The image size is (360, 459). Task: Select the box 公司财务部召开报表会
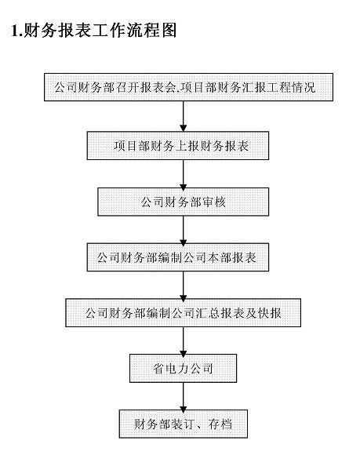182,88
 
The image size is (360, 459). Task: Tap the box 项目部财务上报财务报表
182,145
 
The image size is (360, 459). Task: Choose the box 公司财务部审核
183,202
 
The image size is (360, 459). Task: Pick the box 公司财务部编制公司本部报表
182,257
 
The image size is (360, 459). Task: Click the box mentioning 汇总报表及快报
182,313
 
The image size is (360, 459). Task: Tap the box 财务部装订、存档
182,424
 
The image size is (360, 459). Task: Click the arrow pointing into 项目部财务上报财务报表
183,116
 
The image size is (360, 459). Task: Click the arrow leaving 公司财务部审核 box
183,229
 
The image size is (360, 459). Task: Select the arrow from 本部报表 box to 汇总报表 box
183,285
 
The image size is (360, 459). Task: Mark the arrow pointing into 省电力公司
183,341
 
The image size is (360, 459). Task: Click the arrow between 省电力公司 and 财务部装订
183,396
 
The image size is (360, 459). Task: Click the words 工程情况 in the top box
295,88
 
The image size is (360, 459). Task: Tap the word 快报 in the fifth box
270,313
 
